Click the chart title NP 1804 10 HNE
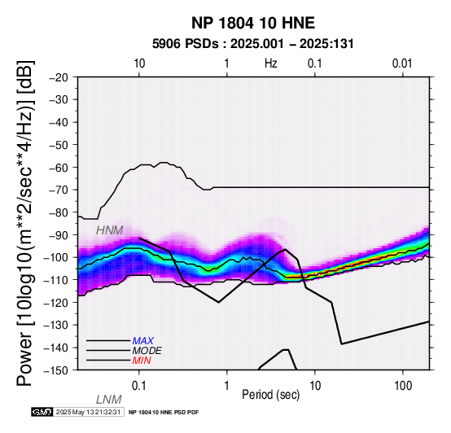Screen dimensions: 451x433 click(x=253, y=23)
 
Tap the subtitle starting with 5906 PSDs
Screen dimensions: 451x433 click(x=253, y=44)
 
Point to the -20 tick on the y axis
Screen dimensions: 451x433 click(x=59, y=77)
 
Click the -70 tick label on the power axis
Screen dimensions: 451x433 click(x=59, y=190)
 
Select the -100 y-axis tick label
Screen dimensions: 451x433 click(x=56, y=257)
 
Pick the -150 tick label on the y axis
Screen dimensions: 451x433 click(x=56, y=370)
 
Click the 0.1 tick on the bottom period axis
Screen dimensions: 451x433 click(x=139, y=386)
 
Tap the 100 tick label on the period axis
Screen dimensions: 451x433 click(x=403, y=386)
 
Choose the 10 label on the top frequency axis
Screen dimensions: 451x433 click(x=139, y=63)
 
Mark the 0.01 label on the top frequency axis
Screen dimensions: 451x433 click(x=402, y=63)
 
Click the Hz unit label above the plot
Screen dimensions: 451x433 click(x=270, y=63)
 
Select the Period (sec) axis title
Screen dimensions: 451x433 click(x=270, y=395)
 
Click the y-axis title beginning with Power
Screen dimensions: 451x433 click(x=25, y=223)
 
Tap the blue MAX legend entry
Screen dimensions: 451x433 click(x=143, y=341)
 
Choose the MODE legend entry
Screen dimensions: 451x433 click(x=147, y=351)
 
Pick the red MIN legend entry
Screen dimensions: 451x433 click(x=142, y=361)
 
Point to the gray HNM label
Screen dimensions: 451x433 click(x=110, y=230)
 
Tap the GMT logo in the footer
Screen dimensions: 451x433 click(x=42, y=412)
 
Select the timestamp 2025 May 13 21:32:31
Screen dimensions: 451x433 click(x=88, y=412)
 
